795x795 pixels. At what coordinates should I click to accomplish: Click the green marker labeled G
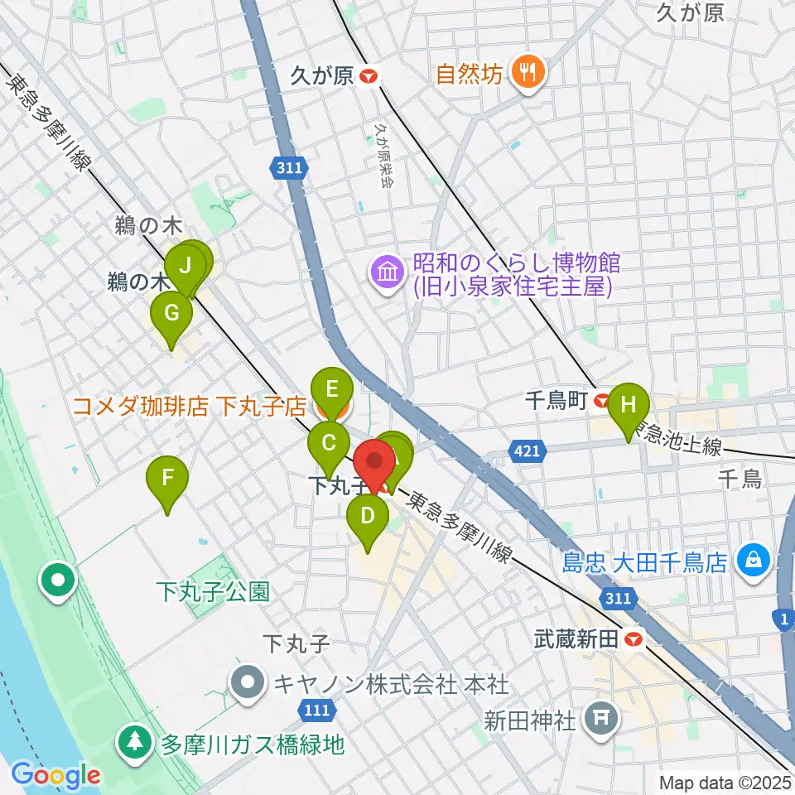tap(171, 315)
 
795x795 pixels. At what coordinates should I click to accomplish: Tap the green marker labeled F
tap(167, 479)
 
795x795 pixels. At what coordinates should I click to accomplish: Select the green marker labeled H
tap(629, 406)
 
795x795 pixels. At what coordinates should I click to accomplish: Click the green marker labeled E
tap(331, 389)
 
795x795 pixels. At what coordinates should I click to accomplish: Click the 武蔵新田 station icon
tap(634, 639)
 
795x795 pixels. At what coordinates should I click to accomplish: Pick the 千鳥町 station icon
tap(602, 401)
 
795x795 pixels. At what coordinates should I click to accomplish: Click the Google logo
tap(55, 775)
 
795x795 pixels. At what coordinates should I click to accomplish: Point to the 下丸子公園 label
tap(214, 591)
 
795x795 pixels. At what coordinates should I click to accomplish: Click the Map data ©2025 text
tap(725, 782)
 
